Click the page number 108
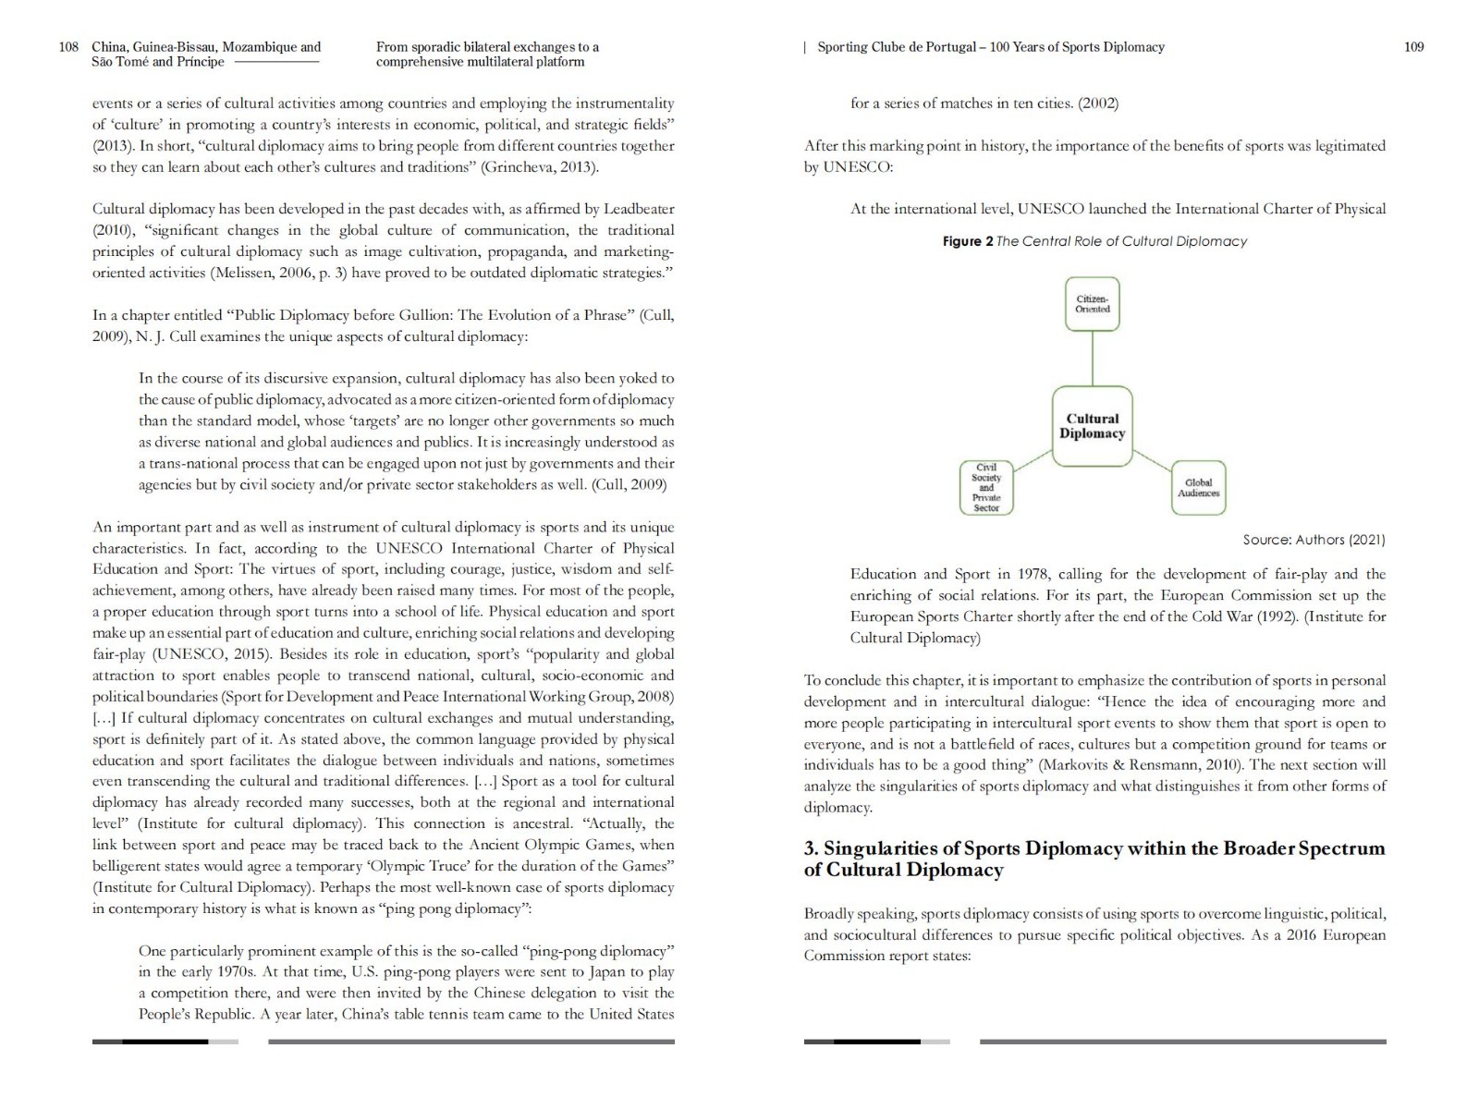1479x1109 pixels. tap(68, 47)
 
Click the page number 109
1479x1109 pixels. tap(1413, 47)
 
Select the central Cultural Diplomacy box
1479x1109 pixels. tap(1092, 426)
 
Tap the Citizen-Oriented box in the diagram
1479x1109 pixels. tap(1092, 304)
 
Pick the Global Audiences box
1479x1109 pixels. tap(1198, 488)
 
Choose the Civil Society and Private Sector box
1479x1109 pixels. tap(986, 488)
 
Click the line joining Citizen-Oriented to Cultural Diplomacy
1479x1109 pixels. tap(1093, 359)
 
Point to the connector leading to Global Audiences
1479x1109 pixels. tap(1153, 461)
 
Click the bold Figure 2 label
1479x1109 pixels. tap(968, 241)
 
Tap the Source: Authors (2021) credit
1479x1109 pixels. tap(1314, 540)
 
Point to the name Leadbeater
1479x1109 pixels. tap(639, 209)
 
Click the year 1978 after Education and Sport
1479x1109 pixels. tap(1031, 574)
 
